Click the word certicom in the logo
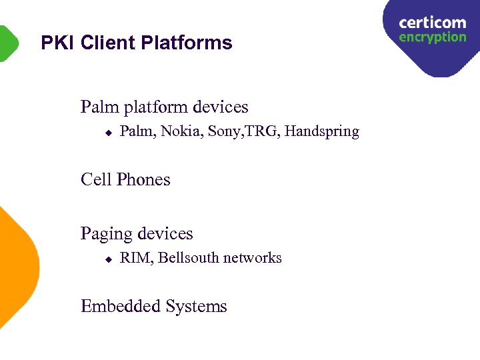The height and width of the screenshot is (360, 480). (432, 23)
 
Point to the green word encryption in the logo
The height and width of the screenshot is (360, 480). (432, 37)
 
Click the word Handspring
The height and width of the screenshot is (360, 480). (322, 132)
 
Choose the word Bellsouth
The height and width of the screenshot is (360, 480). (189, 258)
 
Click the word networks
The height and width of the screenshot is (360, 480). (253, 258)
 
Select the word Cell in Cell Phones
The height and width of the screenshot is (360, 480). (95, 179)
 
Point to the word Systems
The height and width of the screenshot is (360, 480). (197, 307)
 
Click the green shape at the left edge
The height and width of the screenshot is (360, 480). (8, 43)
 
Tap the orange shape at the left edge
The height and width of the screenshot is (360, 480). (17, 267)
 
